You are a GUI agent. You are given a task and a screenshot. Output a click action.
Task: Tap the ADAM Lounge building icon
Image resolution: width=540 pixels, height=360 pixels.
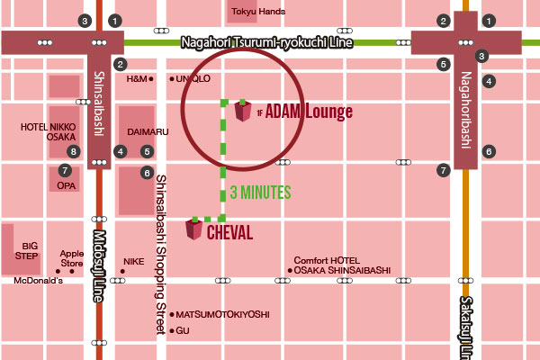pos(242,112)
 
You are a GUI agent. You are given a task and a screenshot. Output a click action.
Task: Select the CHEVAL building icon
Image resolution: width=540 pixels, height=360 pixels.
pos(193,229)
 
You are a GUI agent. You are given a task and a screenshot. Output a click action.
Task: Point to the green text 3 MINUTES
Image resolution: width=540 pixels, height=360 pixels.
pos(262,192)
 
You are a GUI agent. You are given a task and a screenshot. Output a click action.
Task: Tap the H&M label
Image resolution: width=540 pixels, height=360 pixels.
pos(137,79)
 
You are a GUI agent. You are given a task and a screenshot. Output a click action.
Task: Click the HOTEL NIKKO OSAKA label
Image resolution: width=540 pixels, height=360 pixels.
pos(49,132)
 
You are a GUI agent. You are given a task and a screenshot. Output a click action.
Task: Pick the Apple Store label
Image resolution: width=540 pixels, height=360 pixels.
pos(71,259)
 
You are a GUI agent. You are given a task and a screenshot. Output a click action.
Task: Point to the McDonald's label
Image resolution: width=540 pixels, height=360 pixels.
pos(39,281)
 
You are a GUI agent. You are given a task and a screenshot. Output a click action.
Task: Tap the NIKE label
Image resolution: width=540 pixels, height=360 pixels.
pos(133,261)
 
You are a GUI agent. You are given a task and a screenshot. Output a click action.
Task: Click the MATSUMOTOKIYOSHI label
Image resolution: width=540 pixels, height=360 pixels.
pos(222,314)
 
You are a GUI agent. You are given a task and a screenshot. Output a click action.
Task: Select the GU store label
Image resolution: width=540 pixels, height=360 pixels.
pos(183,331)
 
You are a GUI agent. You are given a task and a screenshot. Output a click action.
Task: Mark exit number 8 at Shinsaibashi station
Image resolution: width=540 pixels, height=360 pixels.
pos(75,151)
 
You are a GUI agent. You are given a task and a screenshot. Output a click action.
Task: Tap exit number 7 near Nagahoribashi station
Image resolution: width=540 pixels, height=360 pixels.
pos(443,169)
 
